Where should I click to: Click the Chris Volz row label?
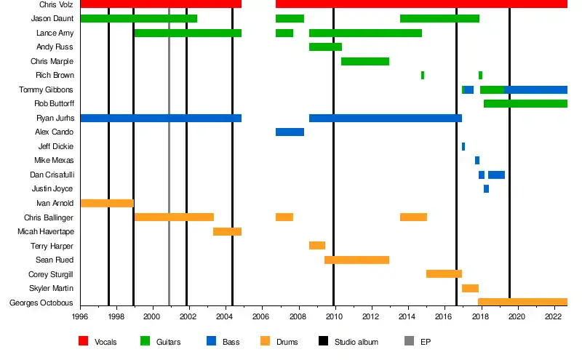click(56, 4)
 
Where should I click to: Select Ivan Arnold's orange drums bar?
click(107, 203)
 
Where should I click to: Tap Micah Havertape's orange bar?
click(227, 231)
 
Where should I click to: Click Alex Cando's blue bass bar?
click(290, 132)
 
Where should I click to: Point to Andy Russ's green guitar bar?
click(325, 47)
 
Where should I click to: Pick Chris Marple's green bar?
click(365, 61)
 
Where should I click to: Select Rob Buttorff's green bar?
click(525, 103)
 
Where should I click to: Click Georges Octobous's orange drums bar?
click(522, 302)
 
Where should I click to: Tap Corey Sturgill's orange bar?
click(444, 273)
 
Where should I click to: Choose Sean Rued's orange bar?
click(356, 260)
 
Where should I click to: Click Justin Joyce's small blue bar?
click(486, 188)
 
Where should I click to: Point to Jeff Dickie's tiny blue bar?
click(463, 146)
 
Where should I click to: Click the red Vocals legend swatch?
click(83, 341)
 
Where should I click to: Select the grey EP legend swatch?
click(408, 341)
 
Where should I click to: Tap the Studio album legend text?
click(356, 342)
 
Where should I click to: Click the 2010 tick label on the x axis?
click(334, 316)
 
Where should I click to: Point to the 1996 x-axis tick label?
click(80, 316)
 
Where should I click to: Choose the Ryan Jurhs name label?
click(55, 118)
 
